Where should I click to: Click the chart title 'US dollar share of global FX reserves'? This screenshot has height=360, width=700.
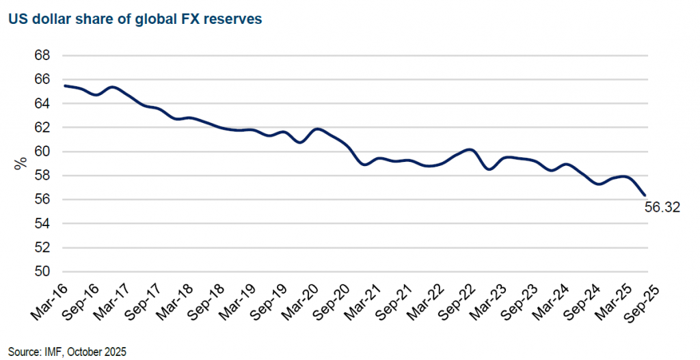tap(135, 20)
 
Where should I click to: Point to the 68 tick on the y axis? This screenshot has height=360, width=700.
tap(42, 55)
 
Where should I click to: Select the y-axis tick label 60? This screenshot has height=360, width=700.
tap(42, 152)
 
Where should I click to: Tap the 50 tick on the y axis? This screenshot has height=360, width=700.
tap(42, 272)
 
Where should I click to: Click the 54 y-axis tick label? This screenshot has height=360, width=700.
tap(42, 223)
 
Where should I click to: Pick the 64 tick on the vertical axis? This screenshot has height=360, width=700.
tap(42, 103)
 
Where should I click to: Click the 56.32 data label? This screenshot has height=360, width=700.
tap(662, 208)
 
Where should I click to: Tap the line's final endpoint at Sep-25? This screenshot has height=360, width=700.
tap(644, 196)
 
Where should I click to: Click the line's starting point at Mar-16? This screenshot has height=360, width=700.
tap(64, 85)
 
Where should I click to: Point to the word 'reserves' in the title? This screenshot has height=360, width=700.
tap(237, 20)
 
